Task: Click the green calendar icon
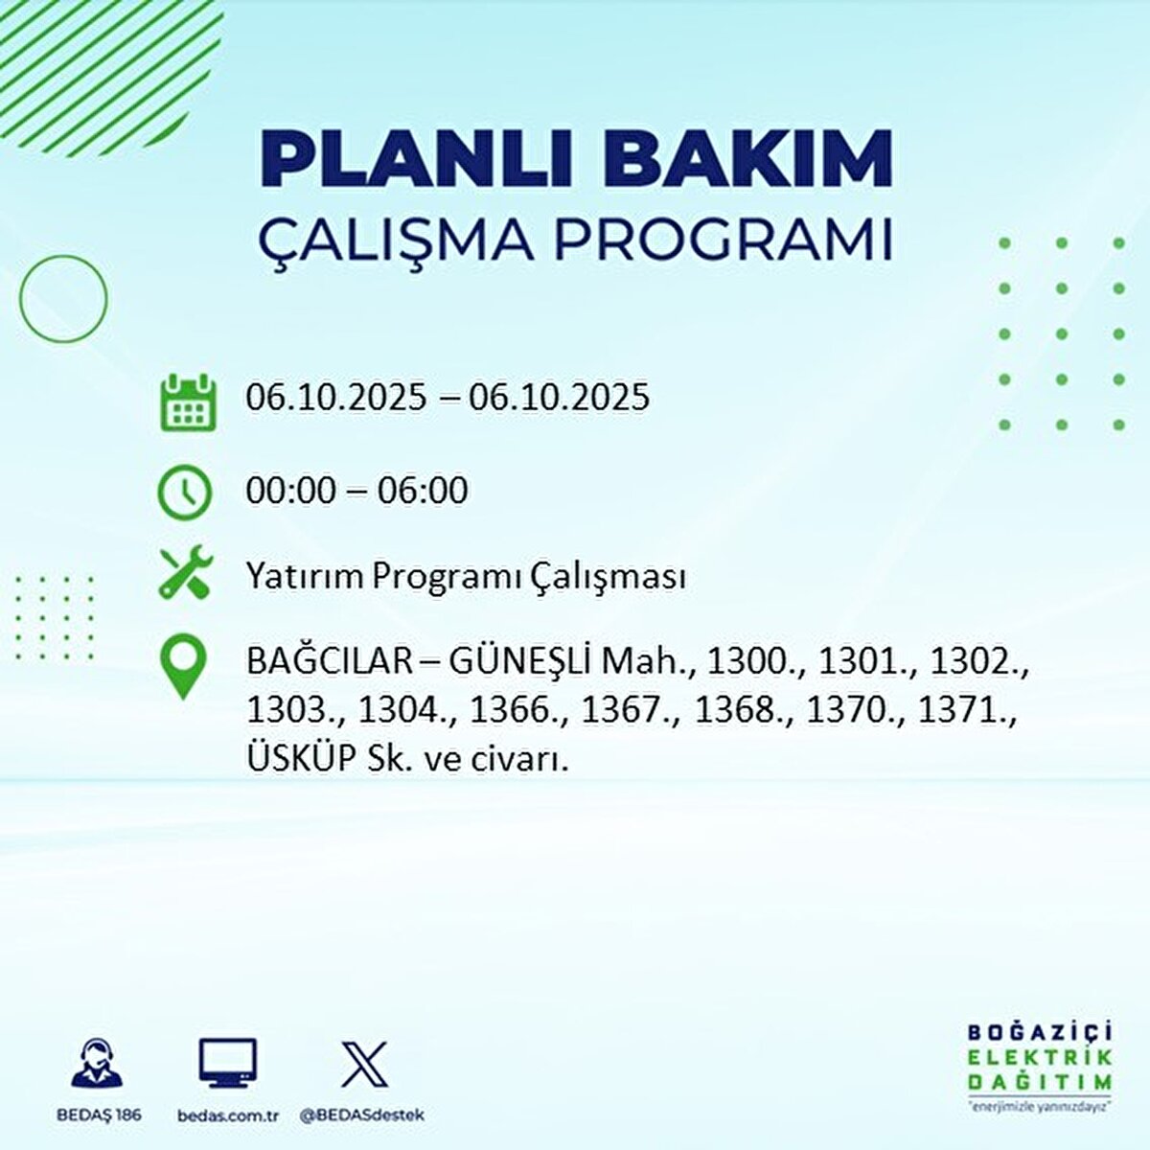187,402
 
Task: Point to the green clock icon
184,493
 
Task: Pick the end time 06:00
423,491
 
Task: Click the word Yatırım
304,577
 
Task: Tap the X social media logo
365,1064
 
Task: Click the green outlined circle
63,299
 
